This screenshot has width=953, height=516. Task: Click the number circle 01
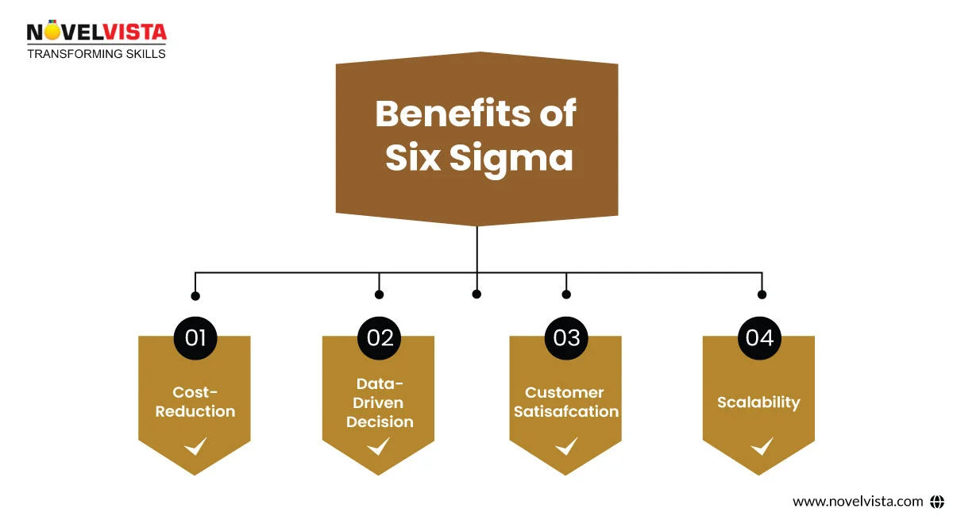click(195, 337)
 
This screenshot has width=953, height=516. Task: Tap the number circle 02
click(380, 337)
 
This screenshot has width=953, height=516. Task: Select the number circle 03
click(566, 337)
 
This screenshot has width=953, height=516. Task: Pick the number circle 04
click(759, 337)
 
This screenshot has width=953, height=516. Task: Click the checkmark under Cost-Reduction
click(195, 446)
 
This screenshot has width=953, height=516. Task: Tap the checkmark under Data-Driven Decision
click(378, 446)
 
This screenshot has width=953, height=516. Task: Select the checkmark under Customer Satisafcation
click(566, 446)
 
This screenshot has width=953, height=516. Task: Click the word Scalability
click(758, 402)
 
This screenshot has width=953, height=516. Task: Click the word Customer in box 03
click(565, 392)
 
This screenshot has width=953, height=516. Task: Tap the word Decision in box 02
click(380, 422)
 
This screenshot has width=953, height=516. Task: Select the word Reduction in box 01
click(195, 411)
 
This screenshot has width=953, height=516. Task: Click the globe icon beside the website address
click(937, 501)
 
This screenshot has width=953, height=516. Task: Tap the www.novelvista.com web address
click(858, 501)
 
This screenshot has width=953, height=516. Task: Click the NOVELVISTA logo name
click(96, 33)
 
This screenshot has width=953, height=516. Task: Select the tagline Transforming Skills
click(97, 54)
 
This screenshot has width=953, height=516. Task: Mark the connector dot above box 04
click(762, 295)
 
